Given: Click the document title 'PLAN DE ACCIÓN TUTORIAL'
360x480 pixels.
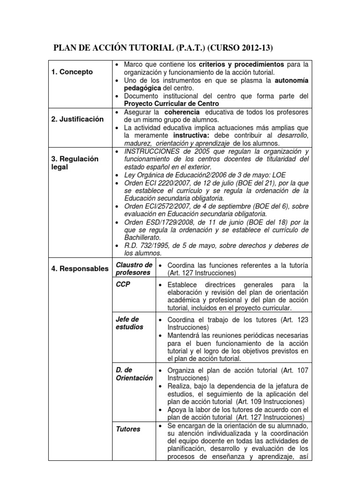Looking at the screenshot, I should tap(114, 47).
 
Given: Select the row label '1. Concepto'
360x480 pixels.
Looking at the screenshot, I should tap(72, 72).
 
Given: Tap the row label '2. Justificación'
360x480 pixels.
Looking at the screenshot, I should tap(77, 119).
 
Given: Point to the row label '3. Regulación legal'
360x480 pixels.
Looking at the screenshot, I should tap(75, 163).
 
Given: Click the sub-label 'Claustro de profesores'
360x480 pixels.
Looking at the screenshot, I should tap(134, 269).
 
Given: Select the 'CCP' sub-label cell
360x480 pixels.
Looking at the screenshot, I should tap(122, 284).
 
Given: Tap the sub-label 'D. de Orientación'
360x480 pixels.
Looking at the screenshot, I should tap(134, 374).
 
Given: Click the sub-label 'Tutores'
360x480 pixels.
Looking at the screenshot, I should tap(128, 428).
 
